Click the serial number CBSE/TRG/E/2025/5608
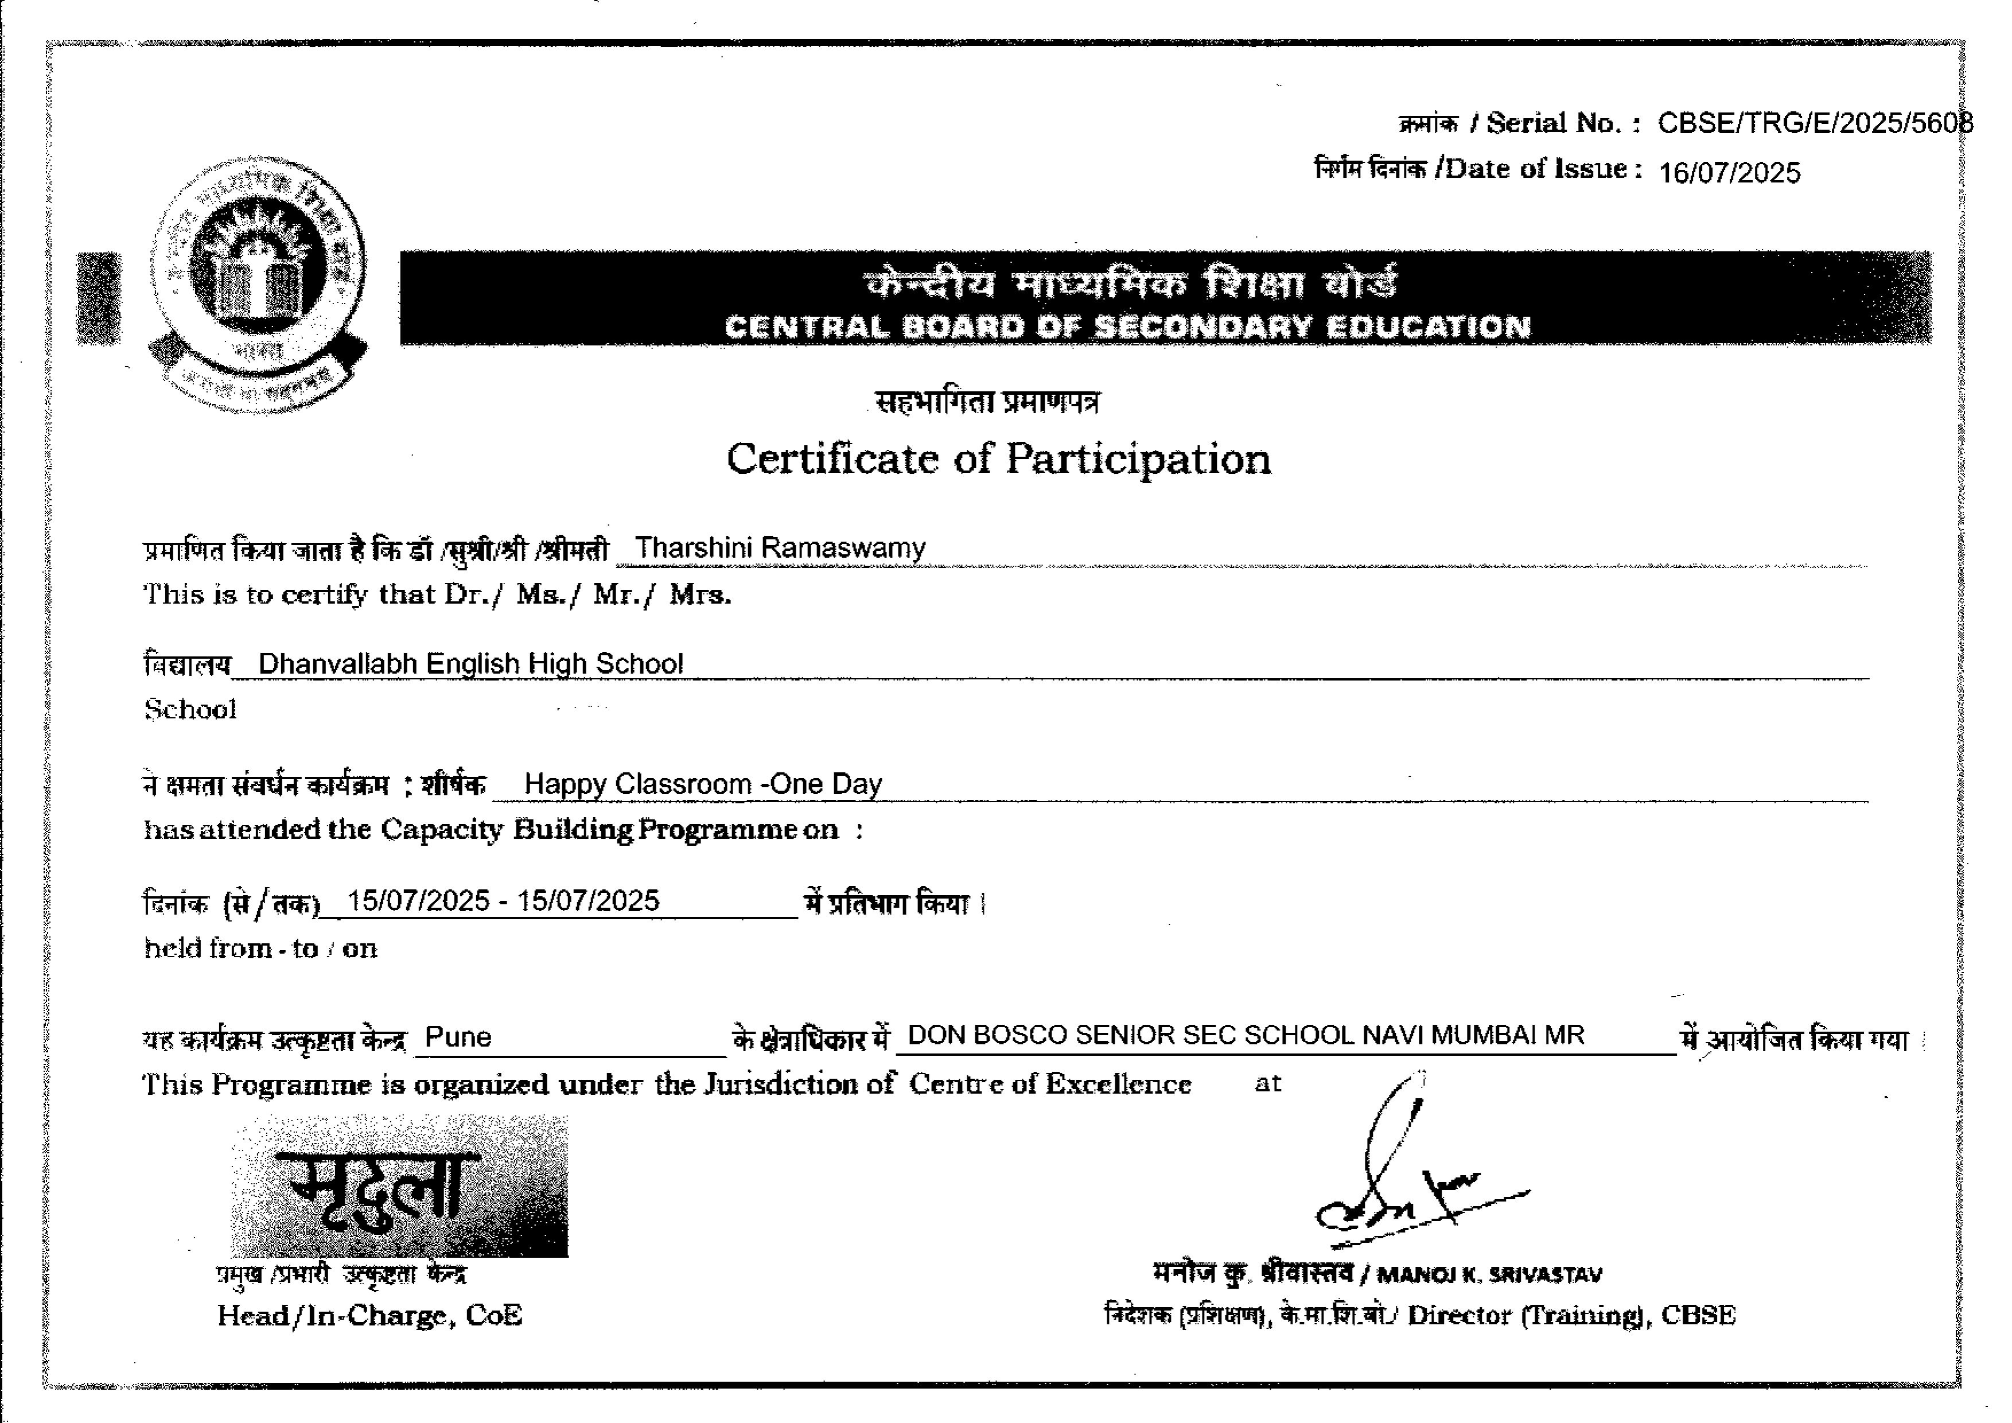[1814, 123]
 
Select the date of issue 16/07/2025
[1729, 173]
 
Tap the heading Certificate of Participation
[998, 458]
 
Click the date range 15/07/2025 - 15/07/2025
[503, 901]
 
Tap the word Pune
[457, 1037]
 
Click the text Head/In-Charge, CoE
[370, 1315]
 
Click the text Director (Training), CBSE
[1570, 1315]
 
